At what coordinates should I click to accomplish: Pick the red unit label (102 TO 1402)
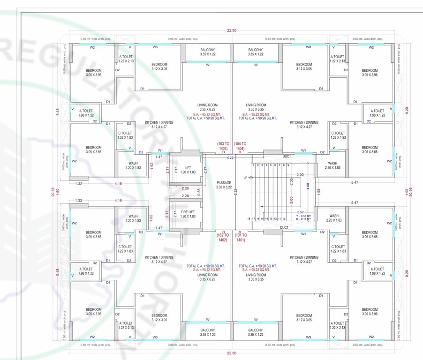222,237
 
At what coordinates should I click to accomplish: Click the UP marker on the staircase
245,178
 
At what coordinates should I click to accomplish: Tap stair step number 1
253,165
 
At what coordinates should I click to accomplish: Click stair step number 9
287,165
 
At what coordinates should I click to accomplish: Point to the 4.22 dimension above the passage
230,158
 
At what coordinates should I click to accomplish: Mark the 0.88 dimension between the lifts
198,190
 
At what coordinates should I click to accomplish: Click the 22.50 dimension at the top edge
231,30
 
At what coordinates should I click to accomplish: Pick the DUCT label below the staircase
284,227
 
